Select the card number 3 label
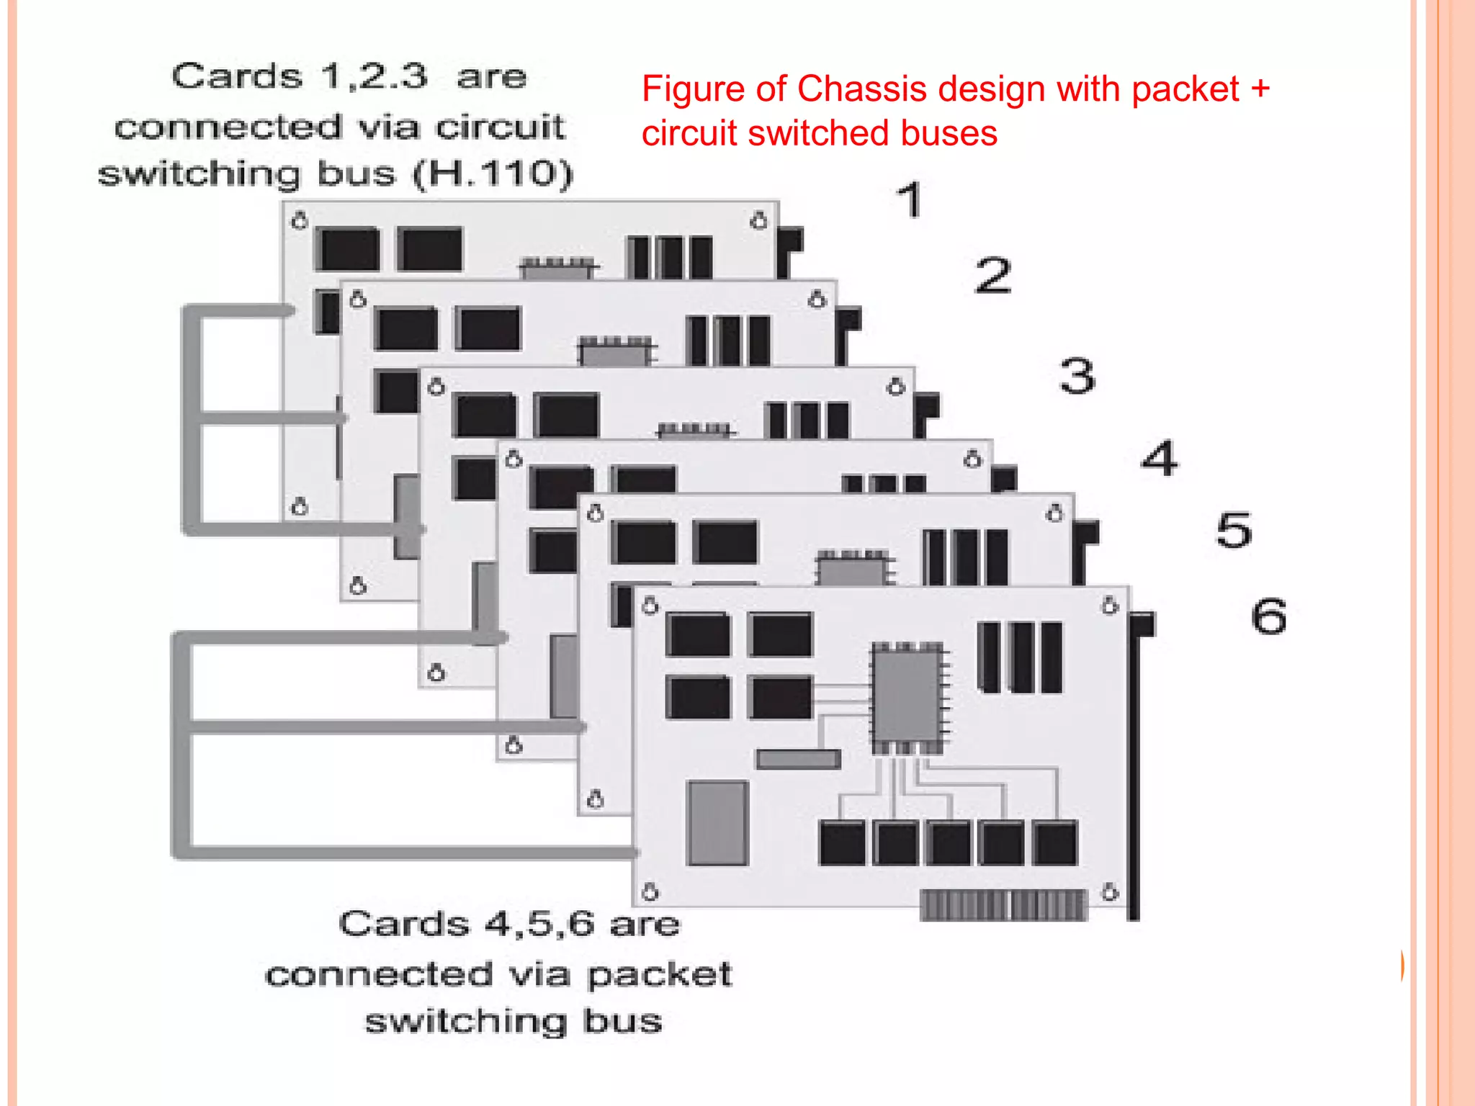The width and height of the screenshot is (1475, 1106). (x=1077, y=376)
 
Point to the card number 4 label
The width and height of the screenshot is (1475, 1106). (x=1160, y=458)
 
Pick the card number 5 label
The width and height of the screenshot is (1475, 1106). (x=1234, y=531)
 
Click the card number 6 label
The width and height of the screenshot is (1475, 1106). (x=1268, y=616)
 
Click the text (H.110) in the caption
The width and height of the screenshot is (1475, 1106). (x=493, y=174)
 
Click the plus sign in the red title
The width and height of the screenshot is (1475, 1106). (x=1260, y=89)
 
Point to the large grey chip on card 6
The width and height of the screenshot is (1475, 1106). (x=907, y=696)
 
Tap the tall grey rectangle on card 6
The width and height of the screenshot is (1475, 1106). (x=718, y=822)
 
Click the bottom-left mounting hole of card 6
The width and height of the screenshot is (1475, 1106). (x=650, y=893)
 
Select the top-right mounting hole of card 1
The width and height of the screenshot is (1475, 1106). (x=759, y=220)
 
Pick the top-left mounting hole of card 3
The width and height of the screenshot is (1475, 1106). (x=436, y=387)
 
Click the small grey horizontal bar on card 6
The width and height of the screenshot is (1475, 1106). (x=798, y=759)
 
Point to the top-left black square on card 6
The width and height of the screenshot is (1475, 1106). (x=698, y=634)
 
